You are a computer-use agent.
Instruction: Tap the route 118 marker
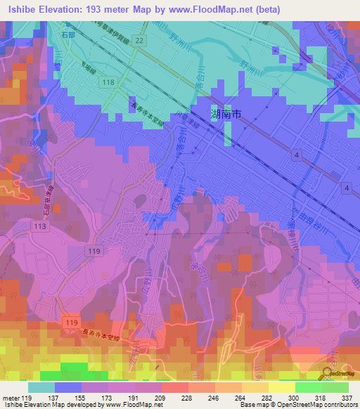click(x=108, y=83)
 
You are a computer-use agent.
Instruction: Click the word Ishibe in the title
click(x=21, y=8)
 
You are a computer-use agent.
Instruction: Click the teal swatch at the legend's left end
click(x=41, y=387)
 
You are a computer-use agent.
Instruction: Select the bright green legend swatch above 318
click(x=309, y=387)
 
